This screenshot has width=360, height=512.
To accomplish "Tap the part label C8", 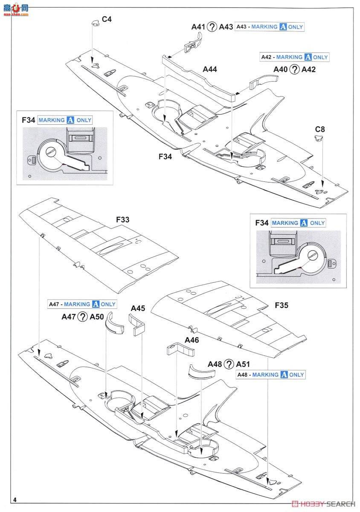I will (x=320, y=128).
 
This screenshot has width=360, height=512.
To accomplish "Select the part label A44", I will (x=210, y=69).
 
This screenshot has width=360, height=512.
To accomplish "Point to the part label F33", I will (x=122, y=220).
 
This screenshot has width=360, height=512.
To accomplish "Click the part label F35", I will (x=282, y=305).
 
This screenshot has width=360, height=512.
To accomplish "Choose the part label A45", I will (x=138, y=308).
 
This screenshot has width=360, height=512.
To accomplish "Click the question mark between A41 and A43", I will (x=212, y=27).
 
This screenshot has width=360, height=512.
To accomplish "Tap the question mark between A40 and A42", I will (x=294, y=70).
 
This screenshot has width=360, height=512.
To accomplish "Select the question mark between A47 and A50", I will (x=83, y=317).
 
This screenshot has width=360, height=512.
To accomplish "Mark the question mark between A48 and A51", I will (x=229, y=364).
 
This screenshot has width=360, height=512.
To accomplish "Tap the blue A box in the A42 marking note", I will (x=307, y=57).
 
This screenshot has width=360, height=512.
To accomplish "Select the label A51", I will (x=243, y=364).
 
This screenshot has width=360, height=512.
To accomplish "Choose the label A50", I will (x=96, y=317).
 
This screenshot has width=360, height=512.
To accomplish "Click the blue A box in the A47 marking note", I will (x=96, y=304).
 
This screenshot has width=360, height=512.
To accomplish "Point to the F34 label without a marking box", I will (x=165, y=157).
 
